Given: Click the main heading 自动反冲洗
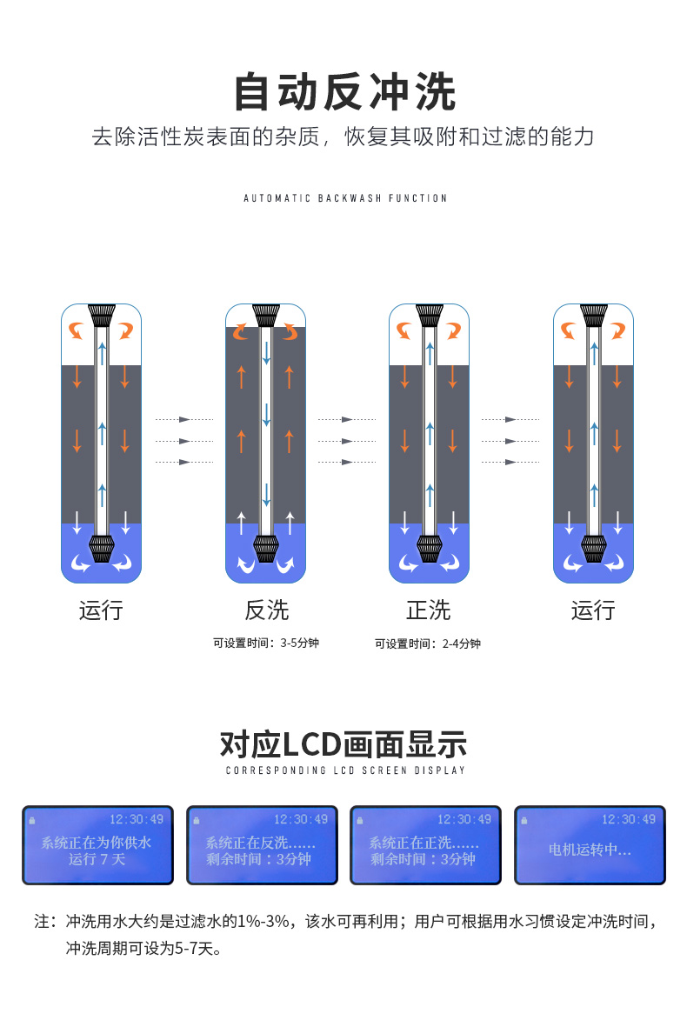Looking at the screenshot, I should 344,93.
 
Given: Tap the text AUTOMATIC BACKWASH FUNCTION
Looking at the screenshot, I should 345,198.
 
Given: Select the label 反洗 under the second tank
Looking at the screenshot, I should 266,610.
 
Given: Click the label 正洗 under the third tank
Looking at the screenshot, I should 429,610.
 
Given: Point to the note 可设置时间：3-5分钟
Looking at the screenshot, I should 266,644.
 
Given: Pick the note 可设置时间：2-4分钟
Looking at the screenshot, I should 428,644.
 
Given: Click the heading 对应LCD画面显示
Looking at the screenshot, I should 344,744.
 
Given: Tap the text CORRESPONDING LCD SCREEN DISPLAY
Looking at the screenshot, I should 345,770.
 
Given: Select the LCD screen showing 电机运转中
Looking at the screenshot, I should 590,845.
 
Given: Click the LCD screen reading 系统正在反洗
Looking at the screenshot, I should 262,845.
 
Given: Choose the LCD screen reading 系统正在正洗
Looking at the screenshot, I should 425,845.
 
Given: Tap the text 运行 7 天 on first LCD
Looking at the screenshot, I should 97,859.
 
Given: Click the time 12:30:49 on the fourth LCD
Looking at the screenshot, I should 628,819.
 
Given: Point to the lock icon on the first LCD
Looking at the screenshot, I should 32,820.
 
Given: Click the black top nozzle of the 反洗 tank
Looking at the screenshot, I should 265,315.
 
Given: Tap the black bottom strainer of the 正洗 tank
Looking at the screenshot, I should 429,549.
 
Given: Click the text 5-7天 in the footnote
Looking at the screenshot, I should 188,947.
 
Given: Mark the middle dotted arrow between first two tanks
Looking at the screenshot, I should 184,441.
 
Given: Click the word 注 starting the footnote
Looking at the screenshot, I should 43,921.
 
